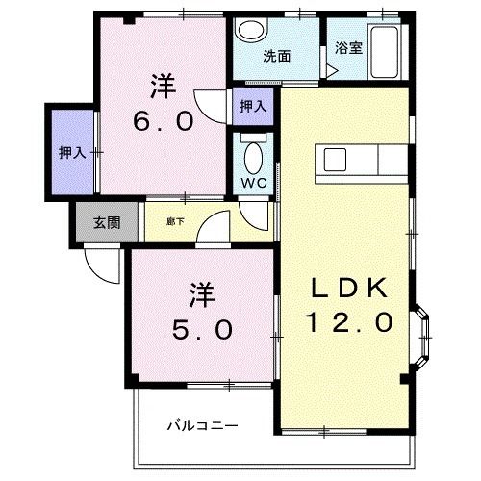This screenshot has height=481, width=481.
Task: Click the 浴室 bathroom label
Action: (349, 48)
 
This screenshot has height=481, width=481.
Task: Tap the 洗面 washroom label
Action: (277, 57)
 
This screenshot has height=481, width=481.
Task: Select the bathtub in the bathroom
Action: (385, 52)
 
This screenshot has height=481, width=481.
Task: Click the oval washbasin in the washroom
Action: (252, 29)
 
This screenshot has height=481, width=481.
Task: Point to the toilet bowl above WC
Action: (253, 159)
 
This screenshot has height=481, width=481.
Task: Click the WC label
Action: (254, 183)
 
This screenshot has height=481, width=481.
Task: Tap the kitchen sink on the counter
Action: (335, 160)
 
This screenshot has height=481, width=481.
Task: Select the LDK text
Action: (349, 288)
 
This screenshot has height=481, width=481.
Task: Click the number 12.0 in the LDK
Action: (350, 322)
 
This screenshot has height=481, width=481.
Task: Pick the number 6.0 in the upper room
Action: (164, 121)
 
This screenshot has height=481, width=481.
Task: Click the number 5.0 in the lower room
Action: (202, 329)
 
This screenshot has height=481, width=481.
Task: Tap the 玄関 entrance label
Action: (107, 222)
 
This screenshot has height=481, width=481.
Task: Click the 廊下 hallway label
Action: (176, 221)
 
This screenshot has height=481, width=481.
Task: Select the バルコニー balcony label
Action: (203, 426)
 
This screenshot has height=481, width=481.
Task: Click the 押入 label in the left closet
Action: (72, 153)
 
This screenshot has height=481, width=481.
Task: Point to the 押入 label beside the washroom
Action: (253, 106)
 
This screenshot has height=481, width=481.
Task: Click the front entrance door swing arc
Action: (96, 272)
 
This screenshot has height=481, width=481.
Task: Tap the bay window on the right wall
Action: (421, 338)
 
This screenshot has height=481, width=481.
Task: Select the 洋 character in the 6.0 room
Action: (164, 86)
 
